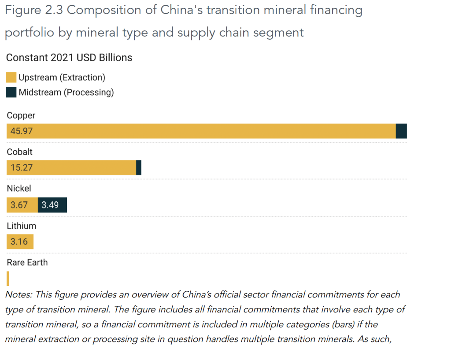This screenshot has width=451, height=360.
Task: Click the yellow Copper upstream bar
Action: pyautogui.click(x=201, y=131)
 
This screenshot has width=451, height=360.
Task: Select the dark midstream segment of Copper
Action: pyautogui.click(x=401, y=131)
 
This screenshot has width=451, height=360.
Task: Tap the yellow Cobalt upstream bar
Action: pyautogui.click(x=71, y=167)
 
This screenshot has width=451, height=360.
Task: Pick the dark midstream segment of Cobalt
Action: pyautogui.click(x=139, y=167)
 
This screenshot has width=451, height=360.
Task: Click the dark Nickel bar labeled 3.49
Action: pyautogui.click(x=52, y=205)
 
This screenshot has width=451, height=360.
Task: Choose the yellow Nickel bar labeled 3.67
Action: pyautogui.click(x=22, y=205)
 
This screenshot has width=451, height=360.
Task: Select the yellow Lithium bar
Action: pyautogui.click(x=20, y=241)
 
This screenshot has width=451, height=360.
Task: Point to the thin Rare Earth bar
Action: pyautogui.click(x=8, y=278)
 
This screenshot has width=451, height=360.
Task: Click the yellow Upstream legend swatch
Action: pyautogui.click(x=11, y=78)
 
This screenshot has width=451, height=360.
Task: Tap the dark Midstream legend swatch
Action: pyautogui.click(x=11, y=93)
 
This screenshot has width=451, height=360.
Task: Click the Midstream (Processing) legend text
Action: pyautogui.click(x=66, y=93)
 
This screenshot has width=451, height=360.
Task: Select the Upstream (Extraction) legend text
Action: pyautogui.click(x=62, y=78)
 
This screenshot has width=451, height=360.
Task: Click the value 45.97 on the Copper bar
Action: pyautogui.click(x=22, y=131)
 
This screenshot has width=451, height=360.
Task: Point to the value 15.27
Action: pyautogui.click(x=22, y=167)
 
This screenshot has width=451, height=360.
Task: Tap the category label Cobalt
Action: pyautogui.click(x=19, y=152)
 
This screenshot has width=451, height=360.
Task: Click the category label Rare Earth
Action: pyautogui.click(x=27, y=263)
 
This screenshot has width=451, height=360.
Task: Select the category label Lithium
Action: pyautogui.click(x=21, y=226)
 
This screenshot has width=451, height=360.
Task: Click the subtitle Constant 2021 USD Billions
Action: pyautogui.click(x=69, y=58)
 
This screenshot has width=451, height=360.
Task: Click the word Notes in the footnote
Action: pyautogui.click(x=18, y=294)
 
